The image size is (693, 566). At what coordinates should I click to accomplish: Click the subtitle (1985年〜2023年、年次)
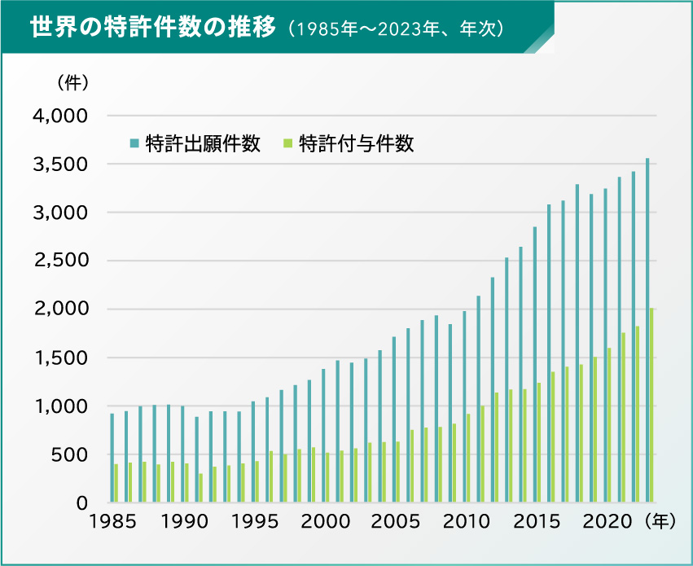coord(398,29)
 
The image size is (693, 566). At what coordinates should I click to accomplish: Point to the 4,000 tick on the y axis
coord(59,116)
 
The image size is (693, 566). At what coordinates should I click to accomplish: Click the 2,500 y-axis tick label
coord(59,261)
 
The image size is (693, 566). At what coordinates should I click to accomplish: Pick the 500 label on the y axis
coord(69,454)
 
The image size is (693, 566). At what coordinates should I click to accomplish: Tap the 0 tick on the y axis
coord(81,503)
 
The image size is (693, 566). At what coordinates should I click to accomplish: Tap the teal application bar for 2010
coord(464,406)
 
